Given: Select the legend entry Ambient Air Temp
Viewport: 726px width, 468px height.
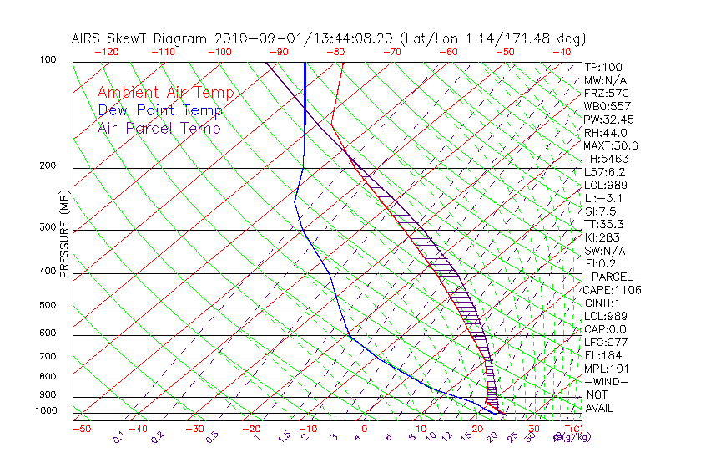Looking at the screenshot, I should pyautogui.click(x=166, y=93).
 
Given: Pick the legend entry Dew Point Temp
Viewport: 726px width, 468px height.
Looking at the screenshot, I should pyautogui.click(x=160, y=110).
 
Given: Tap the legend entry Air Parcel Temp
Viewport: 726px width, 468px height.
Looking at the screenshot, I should pyautogui.click(x=159, y=128).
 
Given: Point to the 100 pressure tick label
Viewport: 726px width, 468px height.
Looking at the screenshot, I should pyautogui.click(x=47, y=60).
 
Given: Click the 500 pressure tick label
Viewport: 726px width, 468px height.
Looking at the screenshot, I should pyautogui.click(x=47, y=306).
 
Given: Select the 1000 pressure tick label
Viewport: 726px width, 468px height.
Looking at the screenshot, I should pyautogui.click(x=45, y=411).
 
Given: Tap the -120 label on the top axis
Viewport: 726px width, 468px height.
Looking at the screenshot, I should pyautogui.click(x=106, y=52).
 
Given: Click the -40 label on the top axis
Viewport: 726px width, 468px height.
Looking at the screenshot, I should pyautogui.click(x=562, y=52).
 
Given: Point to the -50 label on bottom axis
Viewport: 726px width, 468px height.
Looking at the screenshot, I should pyautogui.click(x=81, y=429).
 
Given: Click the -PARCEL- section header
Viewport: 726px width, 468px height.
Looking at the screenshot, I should pyautogui.click(x=612, y=277).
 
